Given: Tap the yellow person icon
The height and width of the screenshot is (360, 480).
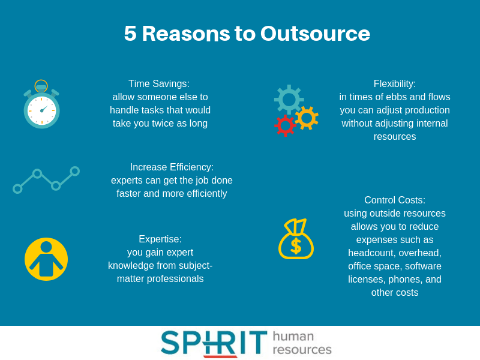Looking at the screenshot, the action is click(46, 259).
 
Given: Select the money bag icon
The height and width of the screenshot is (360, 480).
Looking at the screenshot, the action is click(296, 239).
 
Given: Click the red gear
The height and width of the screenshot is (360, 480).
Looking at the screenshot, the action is click(285, 125).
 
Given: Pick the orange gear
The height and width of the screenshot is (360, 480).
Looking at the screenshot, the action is click(307, 118).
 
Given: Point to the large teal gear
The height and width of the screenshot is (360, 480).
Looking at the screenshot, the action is click(289, 100).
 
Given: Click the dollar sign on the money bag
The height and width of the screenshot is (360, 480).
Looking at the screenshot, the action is click(296, 246).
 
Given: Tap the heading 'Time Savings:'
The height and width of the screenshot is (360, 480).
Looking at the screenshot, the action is click(159, 83).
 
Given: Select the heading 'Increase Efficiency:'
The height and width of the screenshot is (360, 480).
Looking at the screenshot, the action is click(172, 167).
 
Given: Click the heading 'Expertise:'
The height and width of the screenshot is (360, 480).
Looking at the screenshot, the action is click(160, 239).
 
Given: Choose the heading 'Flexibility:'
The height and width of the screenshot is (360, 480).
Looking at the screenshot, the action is click(395, 83).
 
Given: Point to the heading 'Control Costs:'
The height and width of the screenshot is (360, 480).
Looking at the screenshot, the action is click(395, 200).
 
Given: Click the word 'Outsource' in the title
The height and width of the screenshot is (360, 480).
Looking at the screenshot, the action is click(316, 34).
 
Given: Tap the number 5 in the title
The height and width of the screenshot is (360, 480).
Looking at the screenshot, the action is click(130, 34).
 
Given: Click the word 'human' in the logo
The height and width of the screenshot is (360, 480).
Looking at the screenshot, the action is click(293, 336).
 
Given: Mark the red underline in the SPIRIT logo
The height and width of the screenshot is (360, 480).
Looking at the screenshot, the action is click(220, 356).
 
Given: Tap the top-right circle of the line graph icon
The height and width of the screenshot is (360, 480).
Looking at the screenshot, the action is click(74, 171).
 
